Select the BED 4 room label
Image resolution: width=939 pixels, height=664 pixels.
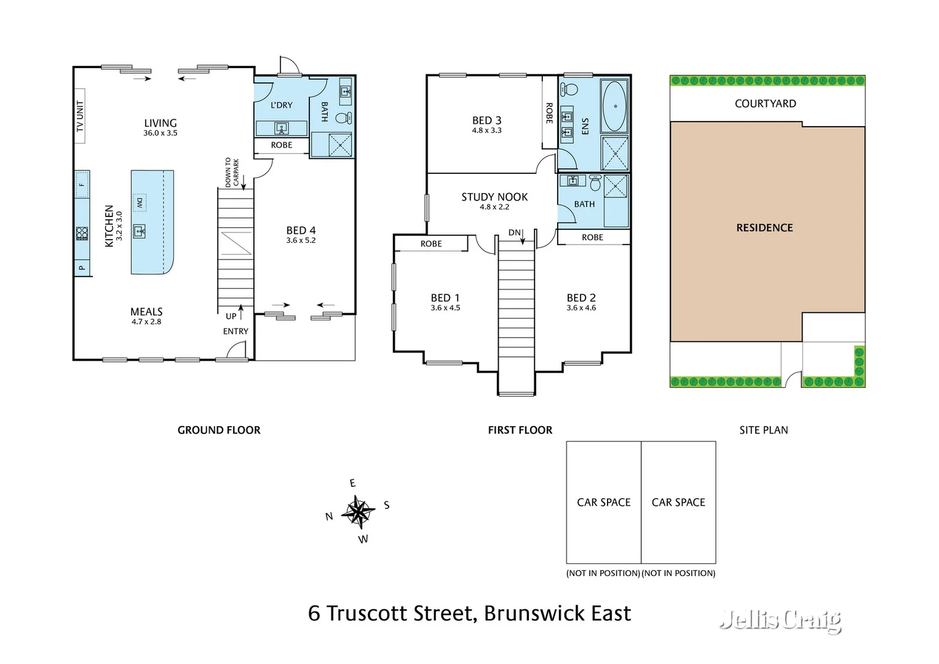tap(301, 231)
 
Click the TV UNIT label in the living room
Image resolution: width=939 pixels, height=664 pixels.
tap(79, 116)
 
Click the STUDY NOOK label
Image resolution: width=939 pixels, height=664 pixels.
tap(494, 197)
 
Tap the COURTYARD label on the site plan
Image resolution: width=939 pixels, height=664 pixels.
tap(765, 104)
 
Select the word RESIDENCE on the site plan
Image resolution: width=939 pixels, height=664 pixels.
tap(764, 227)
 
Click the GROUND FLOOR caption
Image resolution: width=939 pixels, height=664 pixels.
tap(219, 430)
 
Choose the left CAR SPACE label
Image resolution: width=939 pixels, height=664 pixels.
tap(603, 502)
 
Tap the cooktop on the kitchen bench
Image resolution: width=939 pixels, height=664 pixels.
tap(82, 234)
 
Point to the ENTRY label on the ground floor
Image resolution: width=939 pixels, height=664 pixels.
tap(236, 331)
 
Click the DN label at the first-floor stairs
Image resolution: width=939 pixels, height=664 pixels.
tap(514, 232)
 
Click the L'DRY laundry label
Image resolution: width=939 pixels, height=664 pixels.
tap(282, 105)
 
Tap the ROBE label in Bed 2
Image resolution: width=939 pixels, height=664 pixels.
tap(592, 237)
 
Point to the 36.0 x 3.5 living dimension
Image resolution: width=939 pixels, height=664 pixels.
tap(160, 133)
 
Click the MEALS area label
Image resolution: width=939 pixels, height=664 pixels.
tap(146, 312)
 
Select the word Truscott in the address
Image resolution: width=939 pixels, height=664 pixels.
tap(367, 613)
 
